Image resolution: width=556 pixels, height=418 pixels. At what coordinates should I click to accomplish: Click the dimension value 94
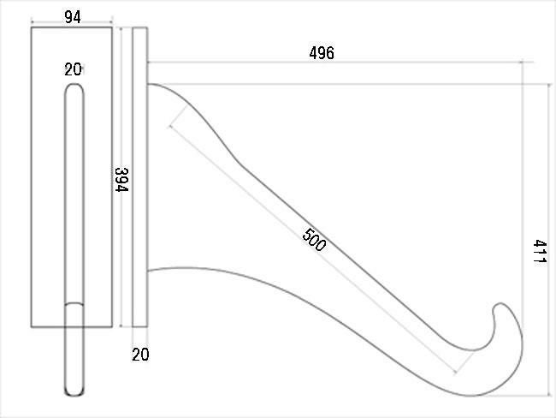point(73,17)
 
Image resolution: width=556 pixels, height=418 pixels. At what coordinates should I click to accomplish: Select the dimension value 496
point(322,53)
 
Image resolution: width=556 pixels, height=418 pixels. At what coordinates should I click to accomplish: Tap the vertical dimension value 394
point(121,179)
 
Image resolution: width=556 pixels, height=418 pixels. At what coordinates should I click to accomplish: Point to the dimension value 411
point(540,252)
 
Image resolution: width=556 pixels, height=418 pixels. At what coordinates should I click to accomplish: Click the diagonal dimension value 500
point(314,240)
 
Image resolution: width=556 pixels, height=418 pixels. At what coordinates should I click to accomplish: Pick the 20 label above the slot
point(73,69)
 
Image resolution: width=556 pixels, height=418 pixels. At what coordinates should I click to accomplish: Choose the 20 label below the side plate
point(140,355)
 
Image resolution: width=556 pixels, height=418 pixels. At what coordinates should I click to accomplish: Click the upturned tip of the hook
point(500,304)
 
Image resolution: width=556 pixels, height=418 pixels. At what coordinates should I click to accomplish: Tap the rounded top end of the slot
point(74,85)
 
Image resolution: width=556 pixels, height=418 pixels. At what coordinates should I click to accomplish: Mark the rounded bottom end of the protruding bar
point(74,395)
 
